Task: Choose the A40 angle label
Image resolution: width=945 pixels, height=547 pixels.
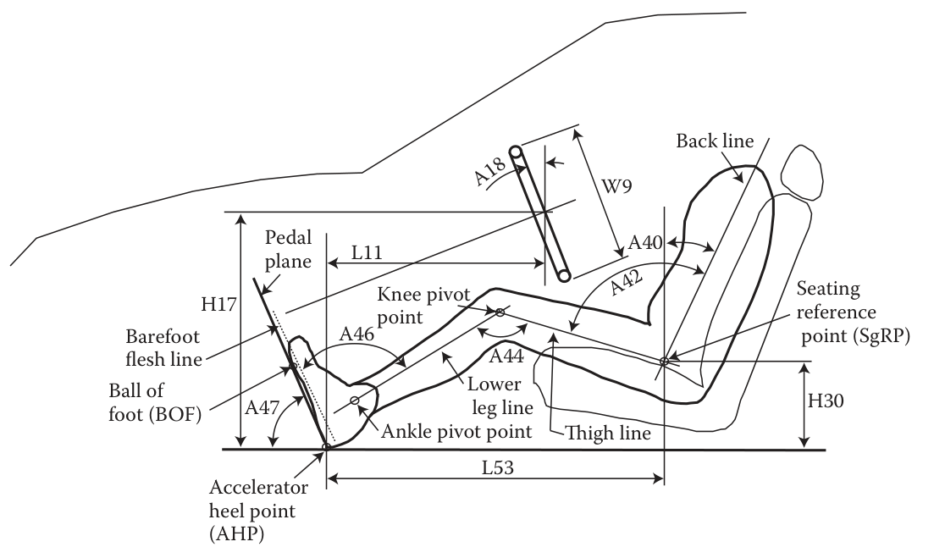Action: tap(646, 244)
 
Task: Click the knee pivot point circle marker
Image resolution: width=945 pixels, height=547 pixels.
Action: tap(500, 312)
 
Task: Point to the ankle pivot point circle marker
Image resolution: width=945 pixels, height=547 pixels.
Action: tap(354, 400)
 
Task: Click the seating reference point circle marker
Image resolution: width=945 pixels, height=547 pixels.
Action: tap(664, 362)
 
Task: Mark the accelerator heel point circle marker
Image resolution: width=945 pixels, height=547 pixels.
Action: tap(327, 447)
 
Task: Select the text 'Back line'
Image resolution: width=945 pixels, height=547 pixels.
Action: tap(714, 141)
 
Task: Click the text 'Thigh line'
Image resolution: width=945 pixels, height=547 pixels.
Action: tap(606, 433)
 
